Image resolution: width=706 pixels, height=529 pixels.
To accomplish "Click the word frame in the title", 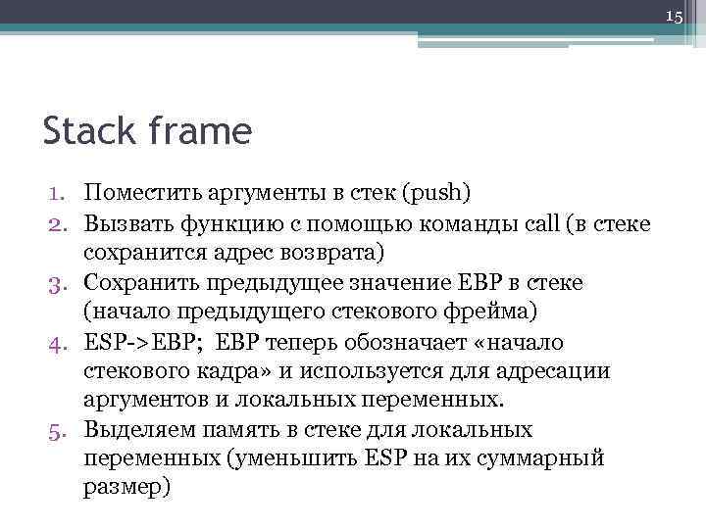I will (x=202, y=130).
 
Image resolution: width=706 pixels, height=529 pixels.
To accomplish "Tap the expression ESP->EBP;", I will (x=144, y=342).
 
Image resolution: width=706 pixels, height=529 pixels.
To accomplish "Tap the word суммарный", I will (x=548, y=459).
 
